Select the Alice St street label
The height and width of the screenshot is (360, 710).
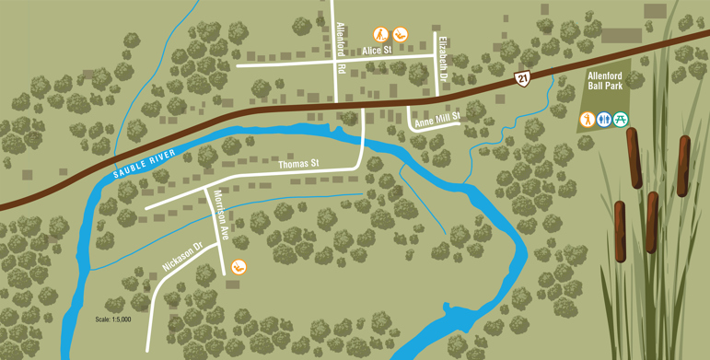coord(377,50)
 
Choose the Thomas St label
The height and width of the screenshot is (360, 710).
coord(297,164)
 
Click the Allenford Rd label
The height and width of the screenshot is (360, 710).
coord(341,48)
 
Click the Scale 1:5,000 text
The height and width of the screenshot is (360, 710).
coord(113,319)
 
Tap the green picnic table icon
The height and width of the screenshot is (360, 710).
coord(621,119)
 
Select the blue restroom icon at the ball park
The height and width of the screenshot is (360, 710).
coord(604,119)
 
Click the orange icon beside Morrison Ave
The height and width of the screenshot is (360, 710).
coord(239,267)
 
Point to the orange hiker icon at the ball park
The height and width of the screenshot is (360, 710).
coord(587,119)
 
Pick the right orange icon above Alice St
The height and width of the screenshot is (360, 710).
coord(399,34)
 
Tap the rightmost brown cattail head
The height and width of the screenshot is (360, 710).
coord(683,166)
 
